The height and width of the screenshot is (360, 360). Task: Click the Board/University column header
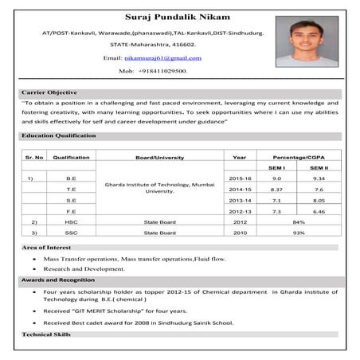tap(159, 158)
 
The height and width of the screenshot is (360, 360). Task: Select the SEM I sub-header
tap(276, 168)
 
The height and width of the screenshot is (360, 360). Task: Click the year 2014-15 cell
tap(240, 190)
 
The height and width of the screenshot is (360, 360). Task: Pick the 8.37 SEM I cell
tap(276, 190)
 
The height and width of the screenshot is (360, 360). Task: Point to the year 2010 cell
tap(240, 233)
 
